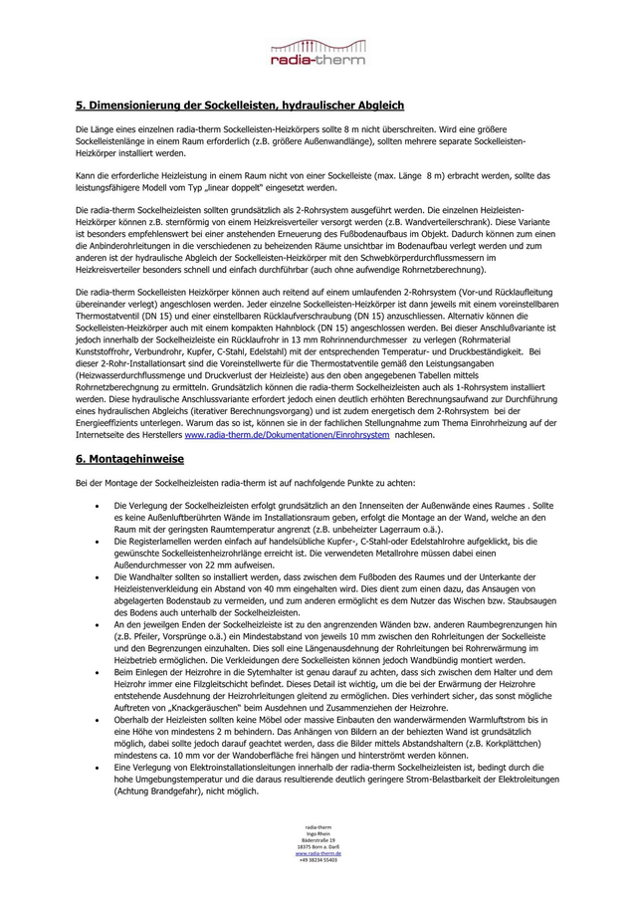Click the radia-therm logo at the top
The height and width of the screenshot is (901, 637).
tap(318, 52)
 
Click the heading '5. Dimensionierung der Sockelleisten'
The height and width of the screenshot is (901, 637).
tap(239, 105)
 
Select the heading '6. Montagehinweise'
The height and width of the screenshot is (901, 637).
tap(129, 461)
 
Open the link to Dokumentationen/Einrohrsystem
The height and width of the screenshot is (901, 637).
tap(287, 435)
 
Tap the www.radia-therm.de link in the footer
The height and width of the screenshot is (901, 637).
tap(318, 853)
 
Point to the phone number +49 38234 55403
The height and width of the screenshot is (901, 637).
tap(318, 859)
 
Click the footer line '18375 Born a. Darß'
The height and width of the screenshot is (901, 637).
tap(318, 847)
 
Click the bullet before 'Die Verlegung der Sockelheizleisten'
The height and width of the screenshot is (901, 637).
tap(94, 507)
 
